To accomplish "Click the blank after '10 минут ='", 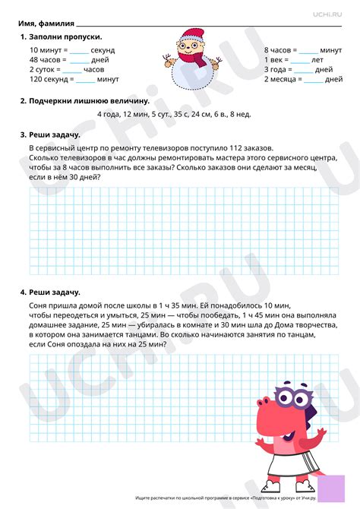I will pyautogui.click(x=79, y=51).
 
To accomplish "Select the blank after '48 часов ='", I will pyautogui.click(x=79, y=61).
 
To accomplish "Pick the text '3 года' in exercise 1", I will pyautogui.click(x=276, y=70).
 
